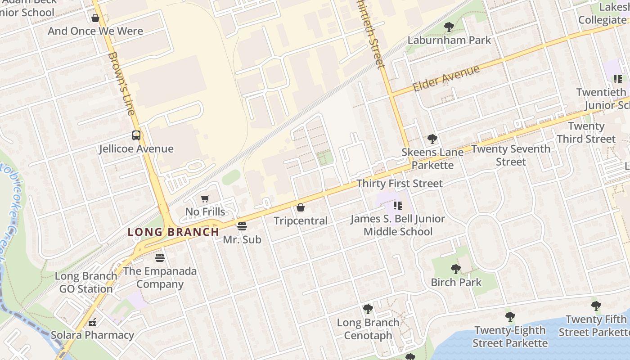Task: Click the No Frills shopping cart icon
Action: pyautogui.click(x=205, y=198)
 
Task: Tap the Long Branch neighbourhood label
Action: pyautogui.click(x=173, y=232)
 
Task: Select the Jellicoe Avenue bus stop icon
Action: pyautogui.click(x=136, y=135)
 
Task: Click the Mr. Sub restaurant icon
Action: pyautogui.click(x=242, y=226)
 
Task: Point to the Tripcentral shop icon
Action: pyautogui.click(x=301, y=207)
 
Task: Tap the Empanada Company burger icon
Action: pyautogui.click(x=160, y=258)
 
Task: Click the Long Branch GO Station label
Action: pyautogui.click(x=86, y=283)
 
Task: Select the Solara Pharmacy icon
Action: pyautogui.click(x=92, y=322)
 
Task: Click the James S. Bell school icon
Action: pyautogui.click(x=397, y=206)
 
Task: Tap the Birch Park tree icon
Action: pyautogui.click(x=456, y=269)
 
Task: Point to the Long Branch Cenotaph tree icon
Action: pyautogui.click(x=368, y=309)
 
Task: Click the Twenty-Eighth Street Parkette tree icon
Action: pyautogui.click(x=510, y=317)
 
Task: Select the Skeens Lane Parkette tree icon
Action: pyautogui.click(x=432, y=139)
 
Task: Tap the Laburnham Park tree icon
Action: pyautogui.click(x=449, y=27)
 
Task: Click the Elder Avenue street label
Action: pyautogui.click(x=446, y=78)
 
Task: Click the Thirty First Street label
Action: pyautogui.click(x=400, y=184)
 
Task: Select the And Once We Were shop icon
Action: pyautogui.click(x=95, y=18)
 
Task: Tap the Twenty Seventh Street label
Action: pyautogui.click(x=510, y=155)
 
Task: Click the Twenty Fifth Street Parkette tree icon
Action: pyautogui.click(x=596, y=306)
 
